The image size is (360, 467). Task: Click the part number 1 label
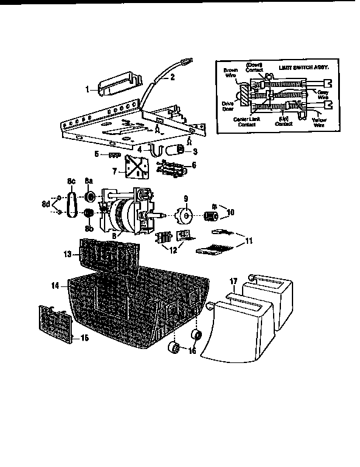tap(87, 89)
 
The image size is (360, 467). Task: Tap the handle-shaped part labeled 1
tap(117, 82)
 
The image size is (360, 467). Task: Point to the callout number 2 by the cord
tap(172, 77)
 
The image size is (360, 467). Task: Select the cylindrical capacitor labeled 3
tap(179, 150)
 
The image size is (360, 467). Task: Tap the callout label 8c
tap(70, 181)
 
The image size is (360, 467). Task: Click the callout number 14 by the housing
tap(55, 285)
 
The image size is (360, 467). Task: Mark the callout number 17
tap(232, 282)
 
